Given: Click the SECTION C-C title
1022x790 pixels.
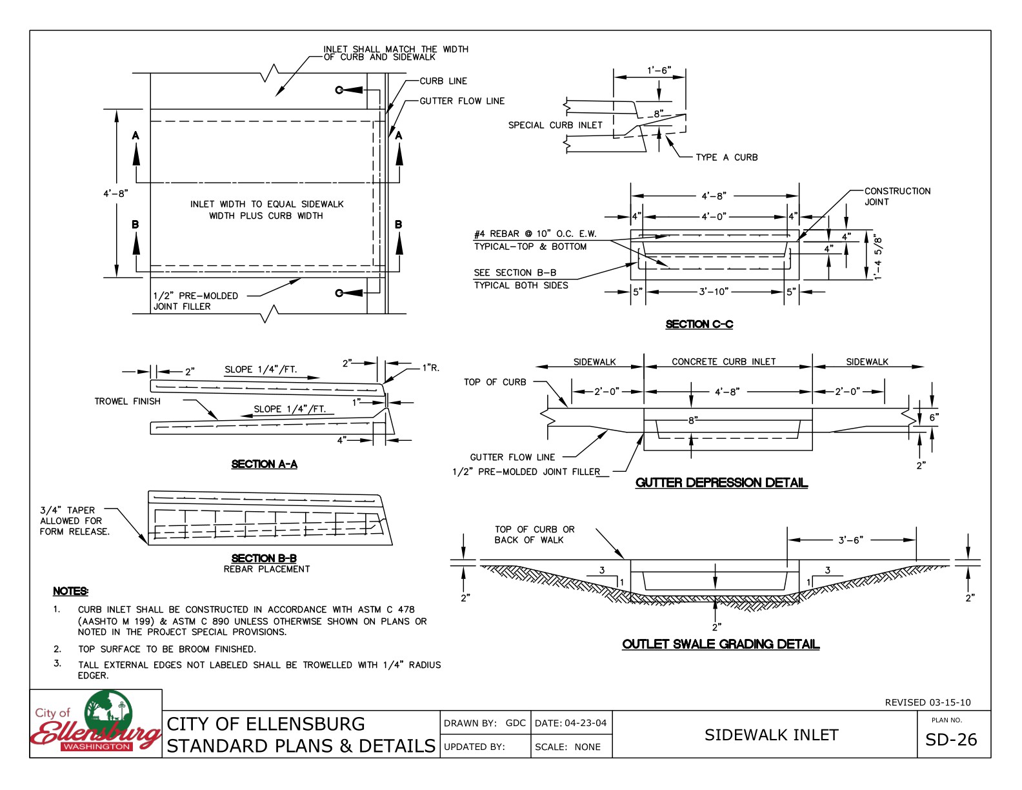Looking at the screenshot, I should pyautogui.click(x=699, y=324).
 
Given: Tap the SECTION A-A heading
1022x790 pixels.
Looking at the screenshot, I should pyautogui.click(x=264, y=464).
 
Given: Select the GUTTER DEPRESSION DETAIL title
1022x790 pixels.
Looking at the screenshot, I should pyautogui.click(x=721, y=483).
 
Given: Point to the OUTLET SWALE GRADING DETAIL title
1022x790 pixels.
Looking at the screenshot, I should pyautogui.click(x=721, y=644).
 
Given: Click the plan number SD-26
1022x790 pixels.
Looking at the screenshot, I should pyautogui.click(x=951, y=740).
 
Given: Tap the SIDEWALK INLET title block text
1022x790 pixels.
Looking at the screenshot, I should pyautogui.click(x=771, y=735).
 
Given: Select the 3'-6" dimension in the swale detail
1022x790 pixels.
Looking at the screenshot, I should pyautogui.click(x=850, y=540).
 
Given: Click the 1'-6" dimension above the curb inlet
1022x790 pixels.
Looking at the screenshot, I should pyautogui.click(x=659, y=70).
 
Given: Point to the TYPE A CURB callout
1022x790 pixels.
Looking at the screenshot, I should pyautogui.click(x=726, y=157).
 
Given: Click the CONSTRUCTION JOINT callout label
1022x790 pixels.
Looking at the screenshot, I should pyautogui.click(x=897, y=196).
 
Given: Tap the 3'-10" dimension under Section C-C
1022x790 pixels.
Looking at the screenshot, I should pyautogui.click(x=714, y=292).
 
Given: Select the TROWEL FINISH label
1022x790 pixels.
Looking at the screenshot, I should pyautogui.click(x=128, y=401).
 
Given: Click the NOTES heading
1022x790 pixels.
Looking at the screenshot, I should pyautogui.click(x=70, y=591).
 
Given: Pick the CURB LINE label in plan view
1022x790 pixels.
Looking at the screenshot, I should pyautogui.click(x=443, y=81).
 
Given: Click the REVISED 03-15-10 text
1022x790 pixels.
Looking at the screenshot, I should pyautogui.click(x=927, y=702).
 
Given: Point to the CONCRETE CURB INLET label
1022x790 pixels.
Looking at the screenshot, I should pyautogui.click(x=723, y=361).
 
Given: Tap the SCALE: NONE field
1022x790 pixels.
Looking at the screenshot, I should pyautogui.click(x=568, y=747).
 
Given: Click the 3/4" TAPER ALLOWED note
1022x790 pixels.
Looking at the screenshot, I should pyautogui.click(x=74, y=520).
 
